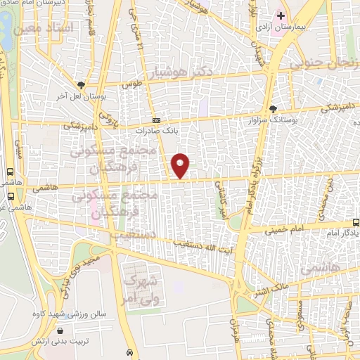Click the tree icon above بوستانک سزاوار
[x=274, y=108]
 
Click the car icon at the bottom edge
[x=129, y=352]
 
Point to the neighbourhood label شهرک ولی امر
[x=138, y=288]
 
